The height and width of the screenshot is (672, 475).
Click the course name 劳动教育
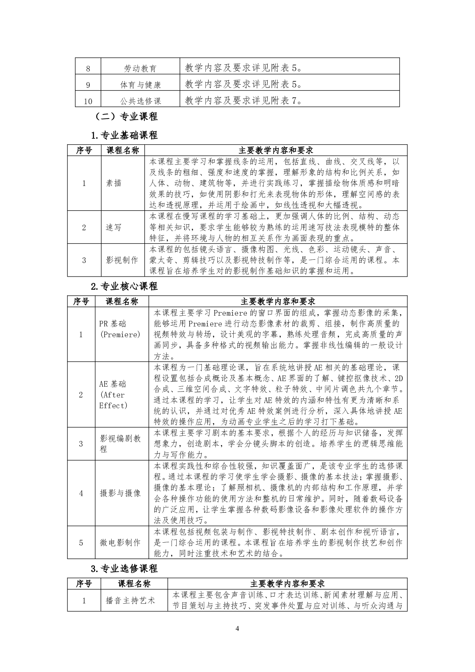pyautogui.click(x=140, y=69)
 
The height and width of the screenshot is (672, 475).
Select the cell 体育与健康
pyautogui.click(x=140, y=85)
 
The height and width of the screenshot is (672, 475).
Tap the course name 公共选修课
pyautogui.click(x=140, y=101)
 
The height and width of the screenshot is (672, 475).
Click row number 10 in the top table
pyautogui.click(x=88, y=101)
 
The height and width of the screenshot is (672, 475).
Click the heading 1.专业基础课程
pyautogui.click(x=124, y=135)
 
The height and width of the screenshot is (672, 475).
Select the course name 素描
pyautogui.click(x=114, y=184)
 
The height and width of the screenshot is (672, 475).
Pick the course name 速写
pyautogui.click(x=114, y=227)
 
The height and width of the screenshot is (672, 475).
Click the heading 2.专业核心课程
pyautogui.click(x=124, y=286)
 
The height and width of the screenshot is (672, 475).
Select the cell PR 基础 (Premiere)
pyautogui.click(x=120, y=329)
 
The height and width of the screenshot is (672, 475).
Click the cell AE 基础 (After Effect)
pyautogui.click(x=114, y=395)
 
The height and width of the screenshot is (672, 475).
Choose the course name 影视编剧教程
pyautogui.click(x=120, y=444)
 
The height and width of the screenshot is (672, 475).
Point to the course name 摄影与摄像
pyautogui.click(x=120, y=493)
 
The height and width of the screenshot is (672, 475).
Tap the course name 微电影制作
pyautogui.click(x=120, y=542)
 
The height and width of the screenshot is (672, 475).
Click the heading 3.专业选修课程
pyautogui.click(x=124, y=568)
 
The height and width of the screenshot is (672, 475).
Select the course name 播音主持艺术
pyautogui.click(x=130, y=600)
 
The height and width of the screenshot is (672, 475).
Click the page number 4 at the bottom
pyautogui.click(x=237, y=629)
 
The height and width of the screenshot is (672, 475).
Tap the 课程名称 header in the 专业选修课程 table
pyautogui.click(x=134, y=584)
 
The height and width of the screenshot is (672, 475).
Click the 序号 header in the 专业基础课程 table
pyautogui.click(x=84, y=150)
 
